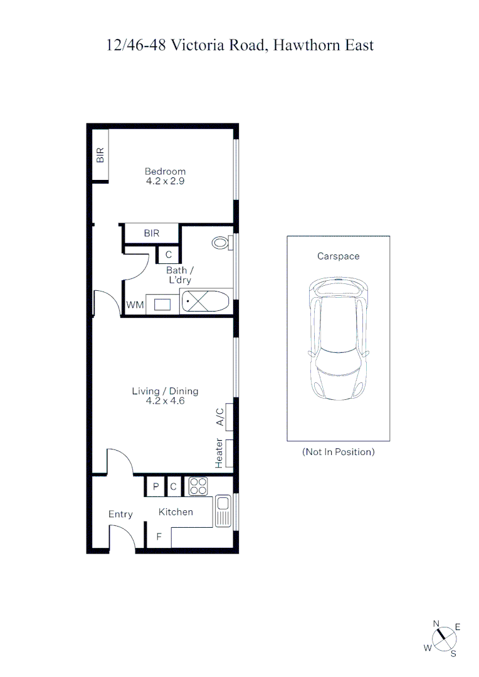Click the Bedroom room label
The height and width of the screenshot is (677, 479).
pos(165,171)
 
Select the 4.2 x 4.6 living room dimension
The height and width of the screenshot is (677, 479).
pos(165,401)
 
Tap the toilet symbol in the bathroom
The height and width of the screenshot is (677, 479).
pos(221,243)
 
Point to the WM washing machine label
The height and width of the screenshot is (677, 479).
pos(135,305)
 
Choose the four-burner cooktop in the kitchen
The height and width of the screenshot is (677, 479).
pos(198,486)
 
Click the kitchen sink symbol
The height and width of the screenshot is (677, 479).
pos(223,511)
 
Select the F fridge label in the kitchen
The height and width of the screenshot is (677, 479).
pos(159,537)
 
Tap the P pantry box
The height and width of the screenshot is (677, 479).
pos(155,486)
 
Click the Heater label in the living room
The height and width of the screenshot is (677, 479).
pos(219,453)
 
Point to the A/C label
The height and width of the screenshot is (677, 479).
pos(220,417)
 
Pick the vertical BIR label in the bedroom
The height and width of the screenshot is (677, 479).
pos(100,155)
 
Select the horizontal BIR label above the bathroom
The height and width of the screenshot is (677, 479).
pos(152,233)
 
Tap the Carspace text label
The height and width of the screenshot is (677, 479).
pos(338,256)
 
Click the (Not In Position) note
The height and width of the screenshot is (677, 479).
pos(338,452)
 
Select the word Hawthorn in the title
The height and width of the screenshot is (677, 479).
pos(306,45)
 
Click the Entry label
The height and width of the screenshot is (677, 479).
pos(120,514)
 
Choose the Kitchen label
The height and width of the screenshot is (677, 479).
pos(176,512)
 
